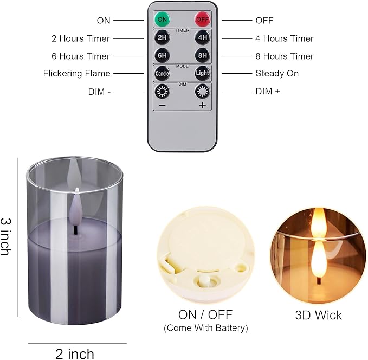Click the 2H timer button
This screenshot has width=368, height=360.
coord(162,38)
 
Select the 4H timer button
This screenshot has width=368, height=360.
coord(202,38)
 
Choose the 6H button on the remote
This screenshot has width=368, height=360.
coord(162,56)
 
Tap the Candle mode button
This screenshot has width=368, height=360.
coord(162,73)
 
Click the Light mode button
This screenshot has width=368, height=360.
coord(202,73)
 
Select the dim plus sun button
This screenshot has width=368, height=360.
coord(202,91)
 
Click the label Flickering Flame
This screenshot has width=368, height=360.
coord(76,73)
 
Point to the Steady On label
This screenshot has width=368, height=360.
coord(277,73)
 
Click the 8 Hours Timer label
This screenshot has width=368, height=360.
coord(284,56)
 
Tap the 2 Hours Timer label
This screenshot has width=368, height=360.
coord(81,38)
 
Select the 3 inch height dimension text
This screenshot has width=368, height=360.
coord(7,237)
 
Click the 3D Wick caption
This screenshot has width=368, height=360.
coord(318,315)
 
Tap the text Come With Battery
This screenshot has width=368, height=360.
coord(206,329)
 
